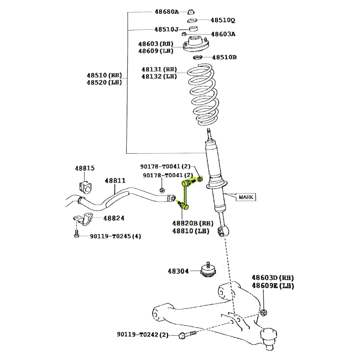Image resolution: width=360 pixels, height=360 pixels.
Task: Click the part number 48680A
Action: point(166,12)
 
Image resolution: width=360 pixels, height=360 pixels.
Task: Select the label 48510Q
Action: point(223,20)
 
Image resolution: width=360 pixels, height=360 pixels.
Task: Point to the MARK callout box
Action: point(246,197)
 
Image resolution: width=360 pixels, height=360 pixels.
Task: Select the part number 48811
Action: point(115,181)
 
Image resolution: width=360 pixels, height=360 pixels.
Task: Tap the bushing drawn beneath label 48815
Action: point(85,187)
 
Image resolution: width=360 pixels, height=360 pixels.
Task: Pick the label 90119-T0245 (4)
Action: point(115,236)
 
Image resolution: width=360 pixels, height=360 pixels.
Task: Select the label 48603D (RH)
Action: point(273,278)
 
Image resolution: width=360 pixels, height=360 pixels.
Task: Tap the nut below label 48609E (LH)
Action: point(263,312)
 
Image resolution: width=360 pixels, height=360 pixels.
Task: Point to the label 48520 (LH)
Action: point(104,82)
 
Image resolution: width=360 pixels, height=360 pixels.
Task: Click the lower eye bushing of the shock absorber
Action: point(223,231)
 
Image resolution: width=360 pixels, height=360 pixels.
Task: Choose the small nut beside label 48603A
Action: point(184,34)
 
